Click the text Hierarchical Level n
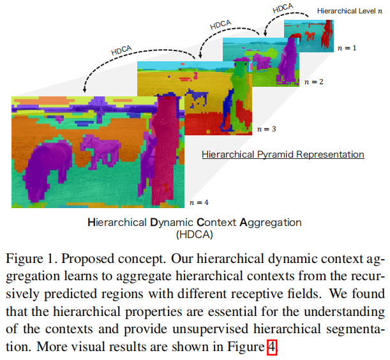345,11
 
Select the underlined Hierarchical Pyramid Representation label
283,154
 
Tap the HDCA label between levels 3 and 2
220,25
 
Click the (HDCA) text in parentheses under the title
194,234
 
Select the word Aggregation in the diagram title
271,223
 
